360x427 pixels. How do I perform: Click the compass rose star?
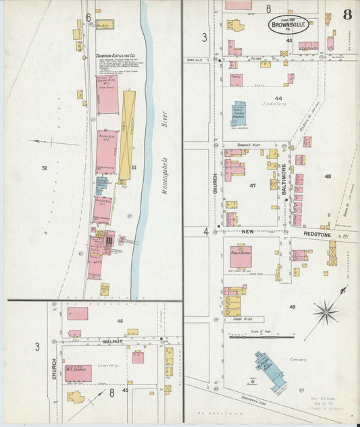coord(326,313)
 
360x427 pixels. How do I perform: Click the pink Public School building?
coord(241,256)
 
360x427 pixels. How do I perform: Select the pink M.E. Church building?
coord(78,373)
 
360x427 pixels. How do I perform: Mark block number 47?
coord(253,184)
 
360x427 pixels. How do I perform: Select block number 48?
coord(328,176)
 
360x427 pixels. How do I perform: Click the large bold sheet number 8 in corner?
coord(346,14)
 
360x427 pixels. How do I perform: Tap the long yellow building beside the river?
coord(127,136)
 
